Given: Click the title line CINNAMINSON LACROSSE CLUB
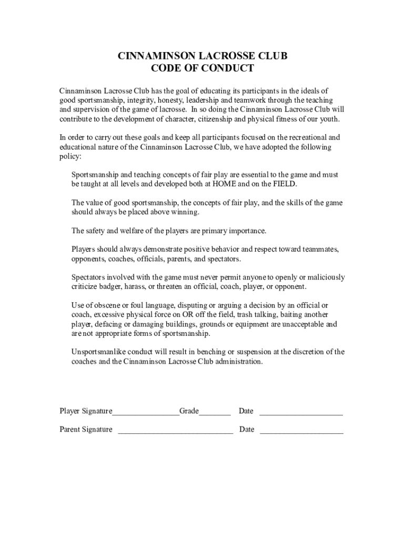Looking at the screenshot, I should pos(202,56).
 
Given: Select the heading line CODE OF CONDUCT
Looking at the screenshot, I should pos(202,68).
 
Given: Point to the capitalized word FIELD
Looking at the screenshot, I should pos(282,184).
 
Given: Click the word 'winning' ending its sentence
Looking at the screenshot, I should pos(185,212).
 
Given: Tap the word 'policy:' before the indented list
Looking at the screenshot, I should pos(70,157).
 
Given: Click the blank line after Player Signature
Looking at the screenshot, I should pos(146,412).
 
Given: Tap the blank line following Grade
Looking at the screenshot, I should pos(215,412).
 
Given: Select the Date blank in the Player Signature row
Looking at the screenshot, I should pos(301,412).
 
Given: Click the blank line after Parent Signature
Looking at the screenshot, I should pos(175,430).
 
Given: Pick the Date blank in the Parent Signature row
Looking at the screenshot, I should pos(301,430).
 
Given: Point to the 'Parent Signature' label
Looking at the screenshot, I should pos(86,430).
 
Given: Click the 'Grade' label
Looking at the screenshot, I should pos(189,411).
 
